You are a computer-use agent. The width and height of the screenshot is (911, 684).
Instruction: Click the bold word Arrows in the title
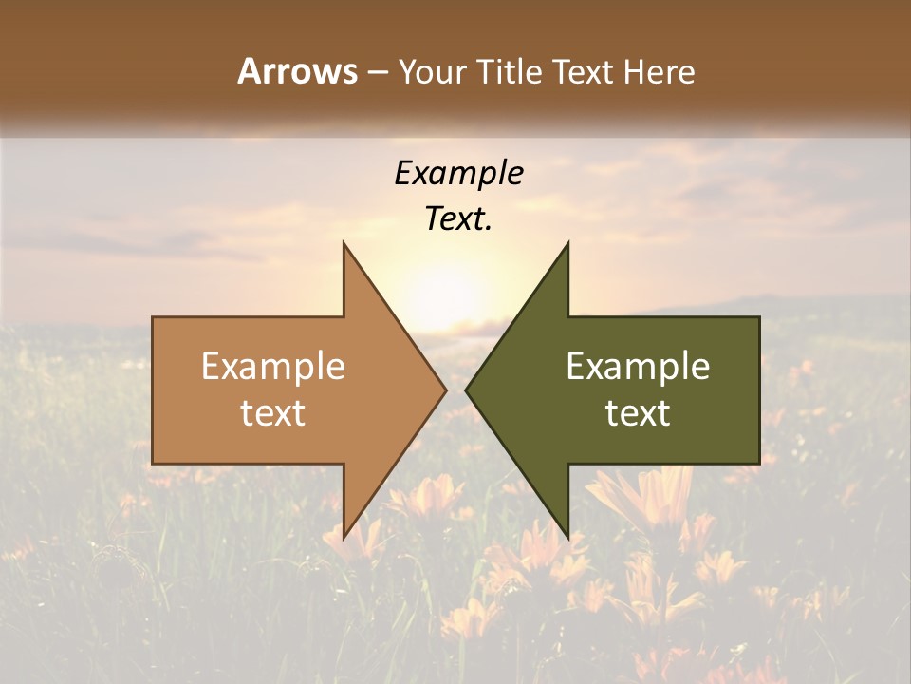point(297,71)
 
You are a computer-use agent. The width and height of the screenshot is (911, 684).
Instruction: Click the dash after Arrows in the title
point(377,73)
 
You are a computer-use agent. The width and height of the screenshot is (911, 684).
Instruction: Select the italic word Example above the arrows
point(458,173)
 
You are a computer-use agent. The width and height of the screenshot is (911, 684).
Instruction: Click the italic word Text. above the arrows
point(458,219)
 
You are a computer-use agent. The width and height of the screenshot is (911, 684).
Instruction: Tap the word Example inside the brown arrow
point(273,366)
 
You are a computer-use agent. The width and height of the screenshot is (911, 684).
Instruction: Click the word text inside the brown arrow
point(273,413)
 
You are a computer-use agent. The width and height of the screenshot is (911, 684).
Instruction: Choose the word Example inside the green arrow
point(638,366)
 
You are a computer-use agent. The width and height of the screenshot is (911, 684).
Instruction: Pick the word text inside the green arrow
point(638,413)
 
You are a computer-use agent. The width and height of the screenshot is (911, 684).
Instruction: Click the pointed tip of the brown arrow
point(444,389)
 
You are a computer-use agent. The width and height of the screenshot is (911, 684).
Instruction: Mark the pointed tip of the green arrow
point(468,389)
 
